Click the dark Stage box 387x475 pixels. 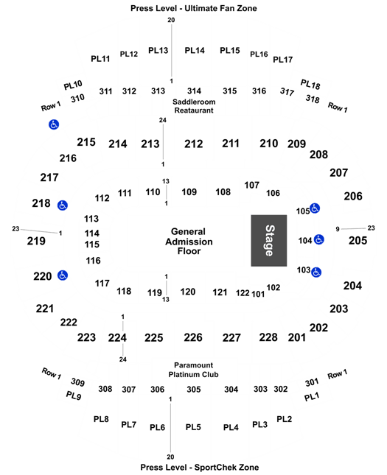[269, 241]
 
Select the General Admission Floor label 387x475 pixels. [189, 242]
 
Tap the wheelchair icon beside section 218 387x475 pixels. [63, 205]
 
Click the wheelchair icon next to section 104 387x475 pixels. [318, 239]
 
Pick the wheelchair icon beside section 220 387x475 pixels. [63, 275]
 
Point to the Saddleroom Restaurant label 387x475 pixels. [194, 106]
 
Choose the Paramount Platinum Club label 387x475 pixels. [193, 370]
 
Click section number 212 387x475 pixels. [193, 144]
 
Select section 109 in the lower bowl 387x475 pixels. [189, 191]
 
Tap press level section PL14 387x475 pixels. [195, 50]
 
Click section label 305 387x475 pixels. [193, 390]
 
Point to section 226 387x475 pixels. [193, 337]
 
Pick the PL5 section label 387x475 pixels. [193, 427]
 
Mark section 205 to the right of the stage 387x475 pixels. [358, 241]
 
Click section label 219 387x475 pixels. [36, 241]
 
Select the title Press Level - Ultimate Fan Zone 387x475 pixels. [193, 8]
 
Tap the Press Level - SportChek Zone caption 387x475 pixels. [200, 467]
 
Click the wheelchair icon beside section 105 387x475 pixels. [315, 208]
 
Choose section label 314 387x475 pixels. [194, 91]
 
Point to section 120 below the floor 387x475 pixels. [188, 292]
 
